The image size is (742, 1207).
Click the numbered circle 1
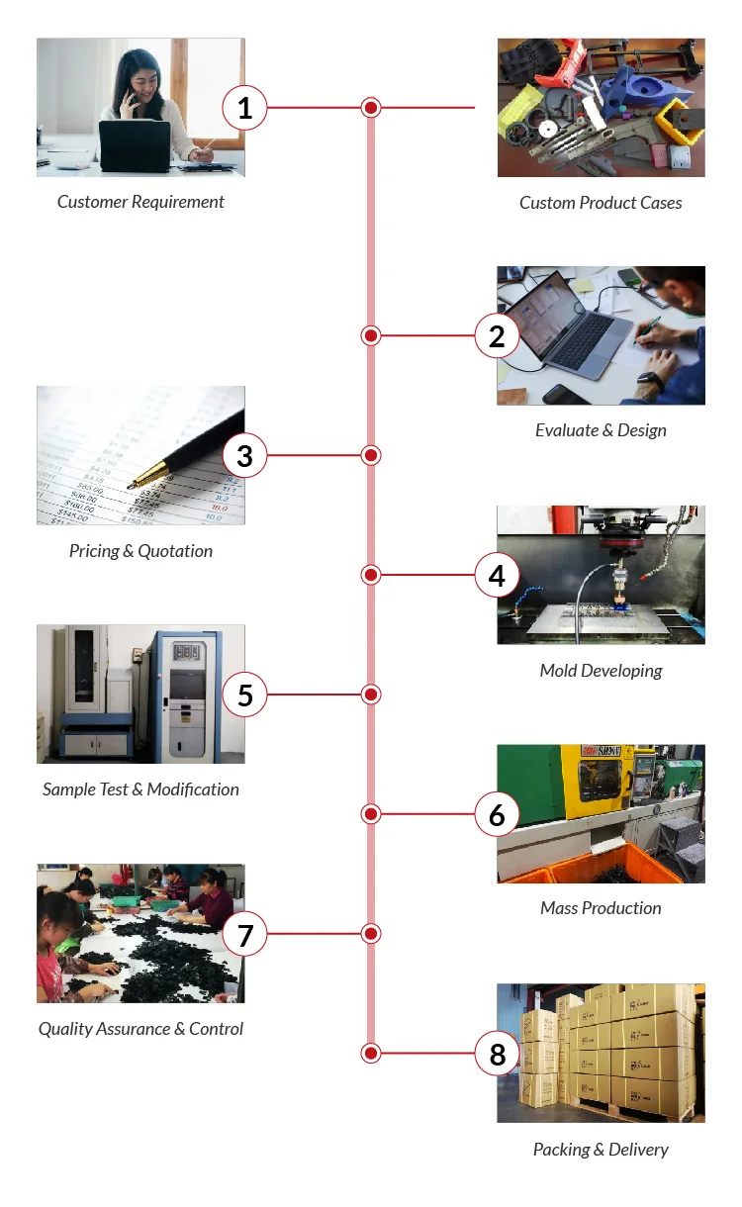pyautogui.click(x=245, y=108)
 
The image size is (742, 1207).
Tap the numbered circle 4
pyautogui.click(x=497, y=575)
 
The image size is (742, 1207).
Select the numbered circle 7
pyautogui.click(x=245, y=934)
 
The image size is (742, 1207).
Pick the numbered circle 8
pyautogui.click(x=497, y=1054)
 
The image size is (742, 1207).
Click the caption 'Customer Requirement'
pyautogui.click(x=140, y=202)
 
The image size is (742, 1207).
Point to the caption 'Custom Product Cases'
pyautogui.click(x=601, y=203)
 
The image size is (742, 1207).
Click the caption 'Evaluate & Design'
pyautogui.click(x=601, y=430)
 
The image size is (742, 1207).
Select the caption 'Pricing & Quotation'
pyautogui.click(x=140, y=551)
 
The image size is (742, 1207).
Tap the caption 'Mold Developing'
pyautogui.click(x=601, y=671)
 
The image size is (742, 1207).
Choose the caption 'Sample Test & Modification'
pyautogui.click(x=140, y=789)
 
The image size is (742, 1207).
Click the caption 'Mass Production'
pyautogui.click(x=601, y=908)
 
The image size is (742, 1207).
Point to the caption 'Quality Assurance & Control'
pyautogui.click(x=140, y=1029)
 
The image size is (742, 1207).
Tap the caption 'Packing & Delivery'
pyautogui.click(x=601, y=1150)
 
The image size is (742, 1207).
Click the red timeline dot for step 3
pyautogui.click(x=371, y=455)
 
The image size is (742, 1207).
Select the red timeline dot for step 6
pyautogui.click(x=371, y=814)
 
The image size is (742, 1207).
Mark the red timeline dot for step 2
pyautogui.click(x=371, y=336)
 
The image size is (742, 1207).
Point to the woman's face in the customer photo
pyautogui.click(x=141, y=76)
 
